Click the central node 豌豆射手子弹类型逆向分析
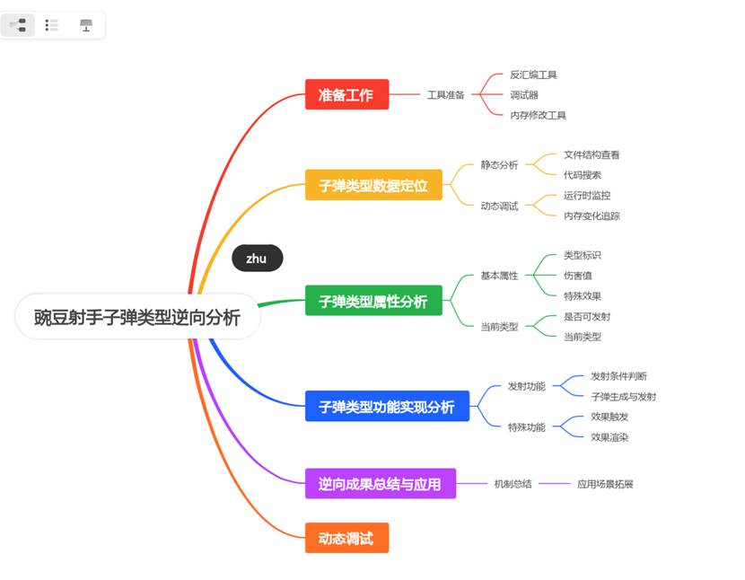pyautogui.click(x=137, y=317)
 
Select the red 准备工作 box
pyautogui.click(x=346, y=94)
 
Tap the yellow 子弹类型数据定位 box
pyautogui.click(x=373, y=186)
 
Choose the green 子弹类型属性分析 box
pyautogui.click(x=373, y=301)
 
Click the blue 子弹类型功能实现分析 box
pyautogui.click(x=387, y=407)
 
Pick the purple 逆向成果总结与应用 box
pyautogui.click(x=380, y=484)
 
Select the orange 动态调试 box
pyautogui.click(x=346, y=538)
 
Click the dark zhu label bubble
pyautogui.click(x=257, y=259)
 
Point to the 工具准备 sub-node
pyautogui.click(x=445, y=94)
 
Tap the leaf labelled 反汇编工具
pyautogui.click(x=533, y=75)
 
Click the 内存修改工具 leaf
pyautogui.click(x=538, y=115)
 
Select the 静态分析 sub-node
pyautogui.click(x=499, y=165)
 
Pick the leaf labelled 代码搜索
pyautogui.click(x=583, y=175)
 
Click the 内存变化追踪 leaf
pyautogui.click(x=592, y=215)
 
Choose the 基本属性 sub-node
pyautogui.click(x=499, y=276)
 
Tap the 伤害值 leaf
pyautogui.click(x=577, y=276)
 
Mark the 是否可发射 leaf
pyautogui.click(x=587, y=317)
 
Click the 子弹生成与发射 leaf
pyautogui.click(x=623, y=397)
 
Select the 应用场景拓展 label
pyautogui.click(x=605, y=484)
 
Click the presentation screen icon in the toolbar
pyautogui.click(x=86, y=25)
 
